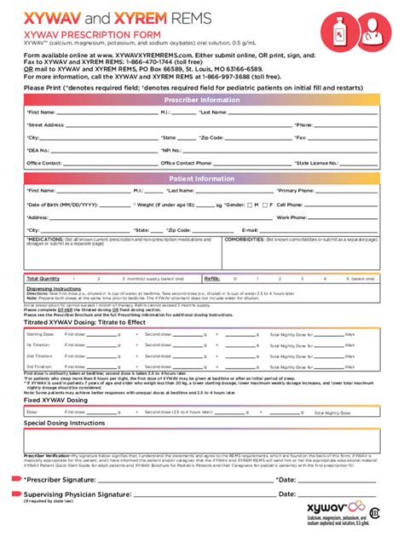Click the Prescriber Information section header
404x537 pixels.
[x=202, y=99]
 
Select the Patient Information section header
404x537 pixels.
[x=202, y=179]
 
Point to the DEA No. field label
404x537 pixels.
[x=39, y=150]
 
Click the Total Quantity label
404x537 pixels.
[x=43, y=279]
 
